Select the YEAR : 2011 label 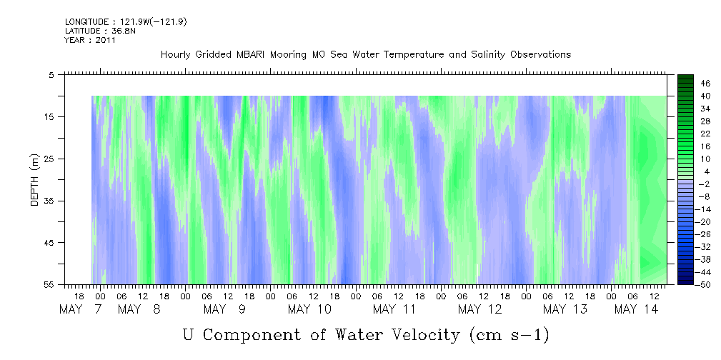click(x=90, y=41)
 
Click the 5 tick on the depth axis click(x=52, y=74)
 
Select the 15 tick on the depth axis click(x=50, y=116)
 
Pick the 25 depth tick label click(x=50, y=159)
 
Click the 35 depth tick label click(x=50, y=201)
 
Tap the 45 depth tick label click(x=50, y=243)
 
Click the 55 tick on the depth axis click(x=50, y=285)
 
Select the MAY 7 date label click(x=81, y=309)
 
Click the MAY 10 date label click(x=309, y=309)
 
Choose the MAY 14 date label click(x=636, y=309)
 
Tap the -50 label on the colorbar click(x=703, y=285)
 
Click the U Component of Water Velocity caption click(x=366, y=334)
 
